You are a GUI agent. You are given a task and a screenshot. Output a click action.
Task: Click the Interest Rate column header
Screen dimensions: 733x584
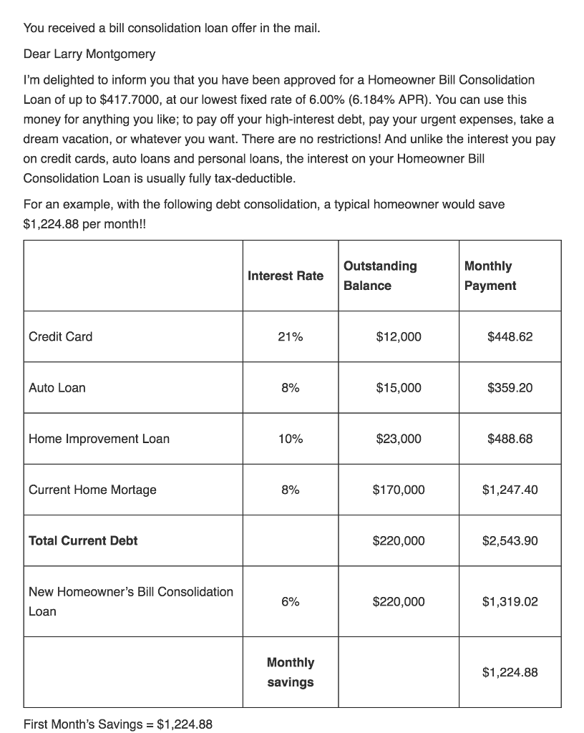(x=285, y=276)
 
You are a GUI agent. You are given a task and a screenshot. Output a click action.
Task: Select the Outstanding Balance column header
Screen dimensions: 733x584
(x=379, y=276)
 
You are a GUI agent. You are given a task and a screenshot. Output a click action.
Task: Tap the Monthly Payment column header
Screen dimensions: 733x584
(x=490, y=276)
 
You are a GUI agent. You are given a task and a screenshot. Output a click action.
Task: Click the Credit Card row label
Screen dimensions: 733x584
(x=60, y=336)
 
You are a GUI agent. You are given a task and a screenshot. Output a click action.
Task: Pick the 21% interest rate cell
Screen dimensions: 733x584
(x=290, y=336)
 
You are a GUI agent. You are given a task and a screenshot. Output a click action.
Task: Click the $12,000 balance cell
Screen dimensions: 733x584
(x=398, y=336)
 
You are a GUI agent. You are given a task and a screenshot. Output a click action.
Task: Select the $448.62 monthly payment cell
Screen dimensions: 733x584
(x=510, y=336)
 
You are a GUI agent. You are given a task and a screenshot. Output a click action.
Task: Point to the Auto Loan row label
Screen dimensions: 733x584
(x=57, y=388)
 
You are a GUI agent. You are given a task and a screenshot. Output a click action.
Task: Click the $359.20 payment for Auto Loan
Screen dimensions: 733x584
(x=510, y=388)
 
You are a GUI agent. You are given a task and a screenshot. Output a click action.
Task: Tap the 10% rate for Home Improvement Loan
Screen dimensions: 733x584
(x=290, y=439)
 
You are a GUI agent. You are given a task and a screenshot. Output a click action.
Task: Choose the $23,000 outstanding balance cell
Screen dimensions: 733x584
(x=398, y=439)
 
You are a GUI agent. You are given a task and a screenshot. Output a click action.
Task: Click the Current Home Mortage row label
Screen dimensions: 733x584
(x=92, y=490)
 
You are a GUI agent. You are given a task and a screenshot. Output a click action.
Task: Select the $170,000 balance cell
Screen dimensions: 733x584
(x=398, y=490)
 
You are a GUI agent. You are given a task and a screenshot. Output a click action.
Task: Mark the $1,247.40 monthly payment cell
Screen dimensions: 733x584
(x=510, y=490)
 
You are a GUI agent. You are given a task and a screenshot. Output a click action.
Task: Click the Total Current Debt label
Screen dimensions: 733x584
(x=83, y=540)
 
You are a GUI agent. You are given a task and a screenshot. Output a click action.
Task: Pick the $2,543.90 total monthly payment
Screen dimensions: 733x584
(x=510, y=540)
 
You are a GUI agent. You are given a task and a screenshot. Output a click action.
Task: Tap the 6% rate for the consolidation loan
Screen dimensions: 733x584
(x=290, y=602)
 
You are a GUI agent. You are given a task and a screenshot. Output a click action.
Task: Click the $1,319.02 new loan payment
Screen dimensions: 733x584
(x=510, y=602)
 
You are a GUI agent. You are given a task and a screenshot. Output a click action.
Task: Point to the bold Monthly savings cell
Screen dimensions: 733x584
(x=290, y=672)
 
